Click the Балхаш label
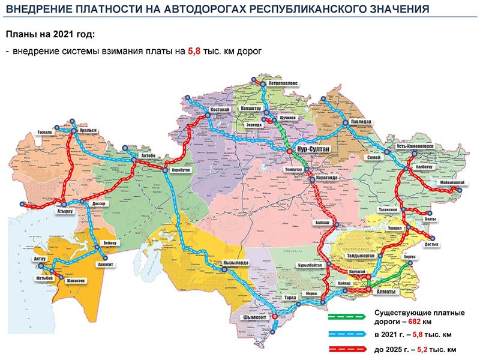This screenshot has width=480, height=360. [x=323, y=223]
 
